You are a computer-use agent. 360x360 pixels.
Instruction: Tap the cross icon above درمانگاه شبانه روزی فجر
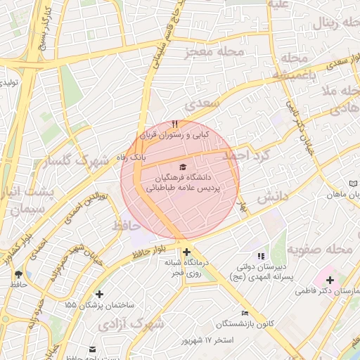click(186, 252)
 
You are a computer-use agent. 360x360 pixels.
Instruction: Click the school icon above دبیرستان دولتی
click(262, 256)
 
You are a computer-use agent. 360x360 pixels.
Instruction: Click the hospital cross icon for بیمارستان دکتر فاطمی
click(330, 280)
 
